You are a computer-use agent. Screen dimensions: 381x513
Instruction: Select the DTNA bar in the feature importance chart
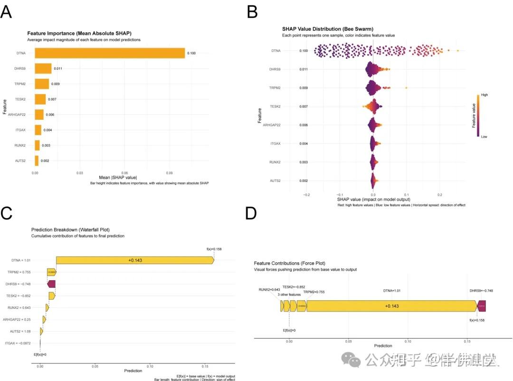(x=109, y=53)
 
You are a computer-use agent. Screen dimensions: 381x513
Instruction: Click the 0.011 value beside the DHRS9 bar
(x=58, y=68)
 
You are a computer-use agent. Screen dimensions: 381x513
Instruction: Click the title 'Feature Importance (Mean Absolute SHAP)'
(x=79, y=33)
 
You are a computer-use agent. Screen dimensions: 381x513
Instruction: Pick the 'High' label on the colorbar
(x=484, y=95)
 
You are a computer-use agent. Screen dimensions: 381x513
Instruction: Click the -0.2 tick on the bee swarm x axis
(x=306, y=194)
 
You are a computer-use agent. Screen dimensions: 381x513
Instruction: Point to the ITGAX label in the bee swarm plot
(x=275, y=143)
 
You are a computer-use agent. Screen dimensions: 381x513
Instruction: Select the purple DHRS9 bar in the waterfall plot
(x=51, y=284)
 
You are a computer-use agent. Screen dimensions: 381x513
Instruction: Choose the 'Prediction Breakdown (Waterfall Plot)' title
(x=64, y=229)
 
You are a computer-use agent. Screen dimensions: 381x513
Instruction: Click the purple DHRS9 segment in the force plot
(x=482, y=306)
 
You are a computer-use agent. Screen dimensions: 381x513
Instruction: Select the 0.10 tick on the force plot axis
(x=408, y=341)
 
